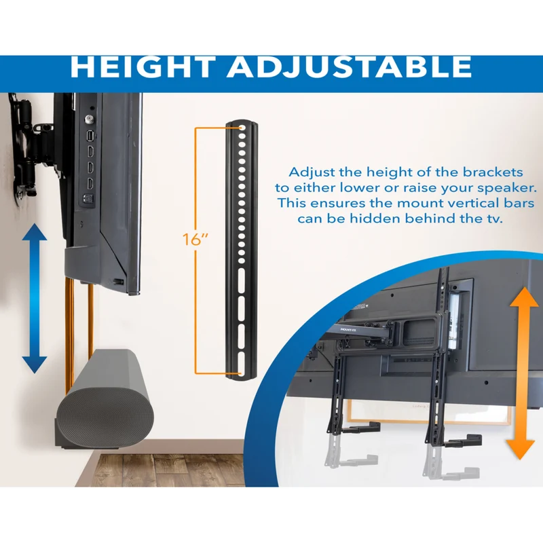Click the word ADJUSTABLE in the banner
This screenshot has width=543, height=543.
point(350,67)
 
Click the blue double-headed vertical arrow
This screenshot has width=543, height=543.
point(35,298)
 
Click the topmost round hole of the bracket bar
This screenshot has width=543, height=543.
point(242,128)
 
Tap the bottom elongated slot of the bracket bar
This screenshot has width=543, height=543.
point(242,363)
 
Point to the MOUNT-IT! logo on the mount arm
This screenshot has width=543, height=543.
point(348,330)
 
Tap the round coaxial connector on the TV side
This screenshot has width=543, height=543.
point(88,119)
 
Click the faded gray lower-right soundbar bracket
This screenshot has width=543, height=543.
point(453,464)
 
